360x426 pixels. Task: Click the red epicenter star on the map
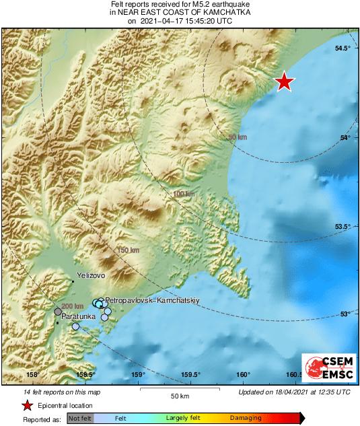[285, 81]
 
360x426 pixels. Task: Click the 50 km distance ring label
[238, 137]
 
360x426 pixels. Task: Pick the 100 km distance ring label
[184, 194]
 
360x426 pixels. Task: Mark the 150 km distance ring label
[129, 250]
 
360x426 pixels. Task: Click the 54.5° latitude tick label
[343, 48]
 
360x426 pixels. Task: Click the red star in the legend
[27, 405]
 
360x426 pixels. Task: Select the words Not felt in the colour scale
[80, 419]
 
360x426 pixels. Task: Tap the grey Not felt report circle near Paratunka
[59, 312]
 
